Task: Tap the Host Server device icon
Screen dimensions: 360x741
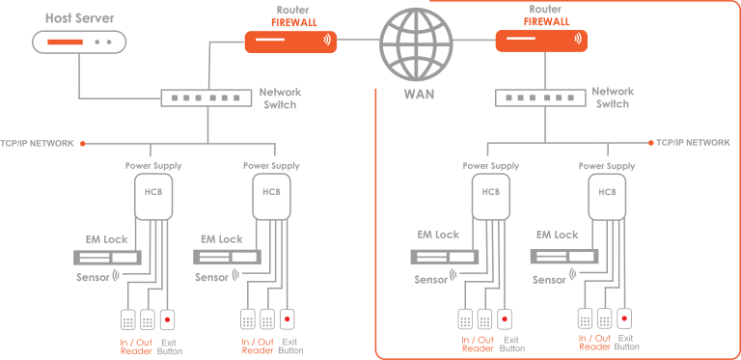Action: pyautogui.click(x=79, y=42)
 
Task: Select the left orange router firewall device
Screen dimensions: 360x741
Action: pyautogui.click(x=290, y=41)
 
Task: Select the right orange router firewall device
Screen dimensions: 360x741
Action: pyautogui.click(x=541, y=41)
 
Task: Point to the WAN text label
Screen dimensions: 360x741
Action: pyautogui.click(x=419, y=95)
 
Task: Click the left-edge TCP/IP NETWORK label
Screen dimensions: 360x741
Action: pyautogui.click(x=38, y=144)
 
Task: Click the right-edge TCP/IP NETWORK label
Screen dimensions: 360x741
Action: pyautogui.click(x=694, y=142)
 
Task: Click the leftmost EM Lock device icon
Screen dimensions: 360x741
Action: pyautogui.click(x=108, y=259)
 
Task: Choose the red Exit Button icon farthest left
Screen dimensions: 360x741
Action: pyautogui.click(x=169, y=318)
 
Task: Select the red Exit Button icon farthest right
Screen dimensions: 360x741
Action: pyautogui.click(x=625, y=317)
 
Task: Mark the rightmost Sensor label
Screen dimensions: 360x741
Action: pyautogui.click(x=549, y=279)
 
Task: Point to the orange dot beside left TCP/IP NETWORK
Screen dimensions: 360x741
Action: pyautogui.click(x=84, y=144)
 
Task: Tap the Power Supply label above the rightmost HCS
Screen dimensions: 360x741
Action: pyautogui.click(x=607, y=166)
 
